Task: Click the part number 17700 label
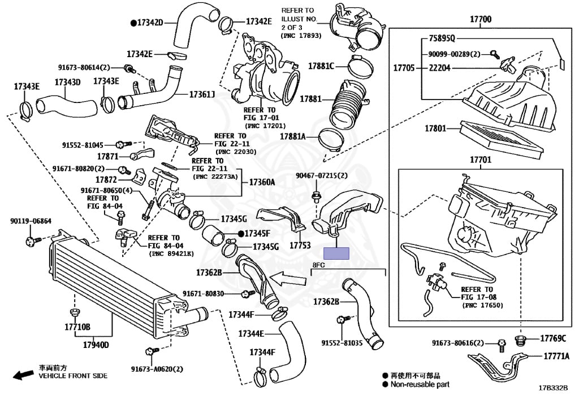pos(481,19)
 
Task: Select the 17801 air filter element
pos(501,138)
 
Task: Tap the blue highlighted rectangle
pos(336,253)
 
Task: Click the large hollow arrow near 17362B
pos(288,278)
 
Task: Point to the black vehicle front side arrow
pos(23,375)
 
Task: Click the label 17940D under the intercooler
pos(96,345)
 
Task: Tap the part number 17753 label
pos(300,245)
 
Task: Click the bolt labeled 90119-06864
pos(32,241)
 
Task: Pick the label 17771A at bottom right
pos(556,356)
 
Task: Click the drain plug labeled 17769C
pos(520,341)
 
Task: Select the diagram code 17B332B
pos(553,388)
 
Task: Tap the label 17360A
pos(262,182)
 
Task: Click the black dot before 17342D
pos(133,23)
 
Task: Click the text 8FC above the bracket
pos(319,265)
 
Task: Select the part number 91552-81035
pos(342,343)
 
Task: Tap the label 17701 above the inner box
pos(481,160)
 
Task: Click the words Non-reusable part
pos(420,384)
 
